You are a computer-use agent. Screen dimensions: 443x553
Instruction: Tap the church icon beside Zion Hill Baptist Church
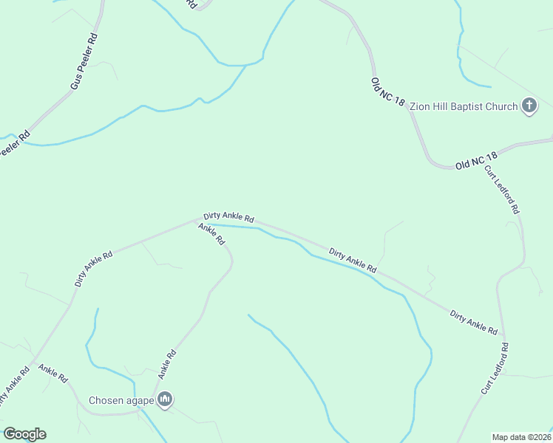click(x=529, y=106)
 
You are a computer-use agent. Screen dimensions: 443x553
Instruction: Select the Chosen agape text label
click(x=121, y=401)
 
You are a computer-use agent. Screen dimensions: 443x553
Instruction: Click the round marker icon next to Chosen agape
click(x=165, y=401)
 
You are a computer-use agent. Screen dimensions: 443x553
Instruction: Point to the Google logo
click(x=24, y=434)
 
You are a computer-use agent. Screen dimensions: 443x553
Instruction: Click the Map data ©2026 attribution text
click(x=521, y=437)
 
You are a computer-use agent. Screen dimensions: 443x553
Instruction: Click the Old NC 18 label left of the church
click(x=388, y=92)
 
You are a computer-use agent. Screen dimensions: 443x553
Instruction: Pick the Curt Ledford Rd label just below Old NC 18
click(x=503, y=190)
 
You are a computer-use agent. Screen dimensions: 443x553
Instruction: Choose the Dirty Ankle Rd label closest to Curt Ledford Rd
click(x=474, y=323)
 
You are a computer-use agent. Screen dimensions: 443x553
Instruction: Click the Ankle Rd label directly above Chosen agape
click(x=166, y=364)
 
